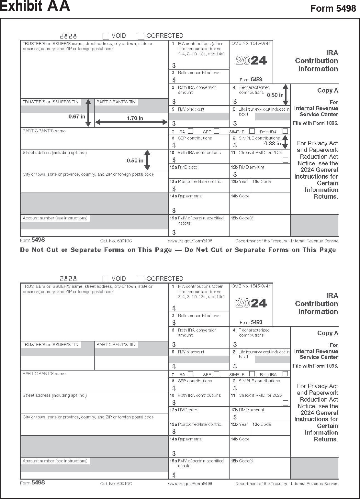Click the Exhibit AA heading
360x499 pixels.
point(35,6)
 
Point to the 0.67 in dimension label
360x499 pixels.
point(77,116)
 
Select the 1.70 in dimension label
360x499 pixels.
point(135,118)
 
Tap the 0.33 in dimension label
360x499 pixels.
point(273,143)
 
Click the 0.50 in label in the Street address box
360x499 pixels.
point(135,161)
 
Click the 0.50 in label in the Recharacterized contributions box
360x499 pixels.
point(275,95)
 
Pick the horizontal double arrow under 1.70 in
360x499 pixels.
point(131,122)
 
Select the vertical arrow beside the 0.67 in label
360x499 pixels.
point(88,113)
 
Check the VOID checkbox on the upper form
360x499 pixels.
point(106,36)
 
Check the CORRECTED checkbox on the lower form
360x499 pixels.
point(141,279)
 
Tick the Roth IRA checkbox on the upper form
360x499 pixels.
point(285,131)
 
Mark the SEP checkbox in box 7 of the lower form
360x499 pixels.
point(217,374)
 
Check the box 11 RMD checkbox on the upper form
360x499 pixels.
point(285,160)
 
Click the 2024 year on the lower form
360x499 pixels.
point(251,303)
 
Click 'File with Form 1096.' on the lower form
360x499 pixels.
point(315,366)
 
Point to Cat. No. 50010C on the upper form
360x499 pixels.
point(116,241)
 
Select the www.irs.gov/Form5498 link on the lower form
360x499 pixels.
point(190,484)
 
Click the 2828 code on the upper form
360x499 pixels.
point(68,36)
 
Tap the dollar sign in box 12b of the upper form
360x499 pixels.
point(235,174)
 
